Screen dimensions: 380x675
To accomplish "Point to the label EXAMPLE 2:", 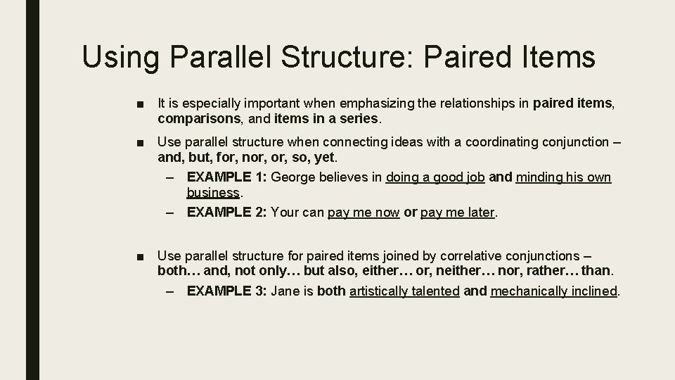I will coord(226,212).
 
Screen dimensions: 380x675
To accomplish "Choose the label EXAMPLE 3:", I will coord(226,291).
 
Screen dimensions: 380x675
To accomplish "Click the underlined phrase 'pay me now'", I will coord(364,212).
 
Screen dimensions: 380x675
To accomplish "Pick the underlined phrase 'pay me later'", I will coord(458,212).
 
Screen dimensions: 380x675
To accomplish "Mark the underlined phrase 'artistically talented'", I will coord(404,291).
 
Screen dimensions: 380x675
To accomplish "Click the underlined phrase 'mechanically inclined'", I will coord(553,291).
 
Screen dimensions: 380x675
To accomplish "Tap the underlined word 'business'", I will coord(213,193).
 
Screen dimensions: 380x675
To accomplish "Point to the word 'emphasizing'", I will coord(379,104).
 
